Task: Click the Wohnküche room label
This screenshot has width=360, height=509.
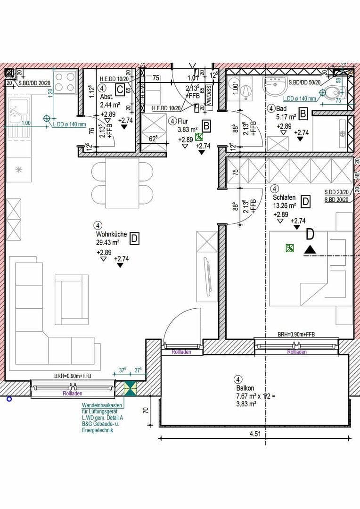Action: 109,234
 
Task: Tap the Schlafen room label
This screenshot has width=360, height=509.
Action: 284,197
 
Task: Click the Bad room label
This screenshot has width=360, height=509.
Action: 282,108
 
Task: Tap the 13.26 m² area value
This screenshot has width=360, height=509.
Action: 285,205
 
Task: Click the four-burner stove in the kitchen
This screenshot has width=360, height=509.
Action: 65,82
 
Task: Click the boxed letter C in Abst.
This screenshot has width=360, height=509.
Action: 121,89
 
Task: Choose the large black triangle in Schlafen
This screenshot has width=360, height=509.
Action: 310,249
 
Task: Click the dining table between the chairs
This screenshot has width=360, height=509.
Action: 122,183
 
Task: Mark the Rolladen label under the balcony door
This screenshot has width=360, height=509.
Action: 181,352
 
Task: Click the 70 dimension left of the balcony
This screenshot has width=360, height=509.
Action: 146,410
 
